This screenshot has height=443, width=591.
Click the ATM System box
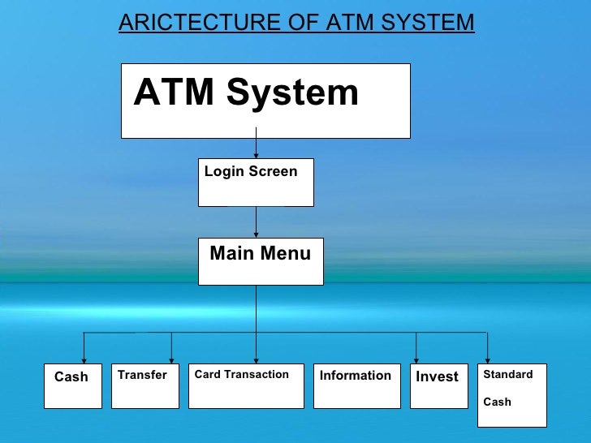[265, 101]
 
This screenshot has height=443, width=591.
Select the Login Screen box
[256, 183]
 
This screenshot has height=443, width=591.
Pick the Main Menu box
[260, 261]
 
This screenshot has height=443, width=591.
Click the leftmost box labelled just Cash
[72, 386]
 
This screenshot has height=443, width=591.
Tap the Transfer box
[145, 386]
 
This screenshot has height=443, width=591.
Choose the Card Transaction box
[245, 386]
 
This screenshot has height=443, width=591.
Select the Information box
[356, 386]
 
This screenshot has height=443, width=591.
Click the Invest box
[439, 386]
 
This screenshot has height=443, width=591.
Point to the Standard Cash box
[511, 395]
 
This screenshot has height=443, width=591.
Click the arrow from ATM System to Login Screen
[257, 148]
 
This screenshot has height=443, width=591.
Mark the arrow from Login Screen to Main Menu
[257, 222]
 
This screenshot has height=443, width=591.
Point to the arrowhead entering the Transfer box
[171, 359]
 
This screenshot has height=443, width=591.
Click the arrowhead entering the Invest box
[416, 359]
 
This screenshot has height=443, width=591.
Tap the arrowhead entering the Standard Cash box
[487, 359]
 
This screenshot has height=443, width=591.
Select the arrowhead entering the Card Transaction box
[257, 359]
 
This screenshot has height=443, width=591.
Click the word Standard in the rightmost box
[508, 374]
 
